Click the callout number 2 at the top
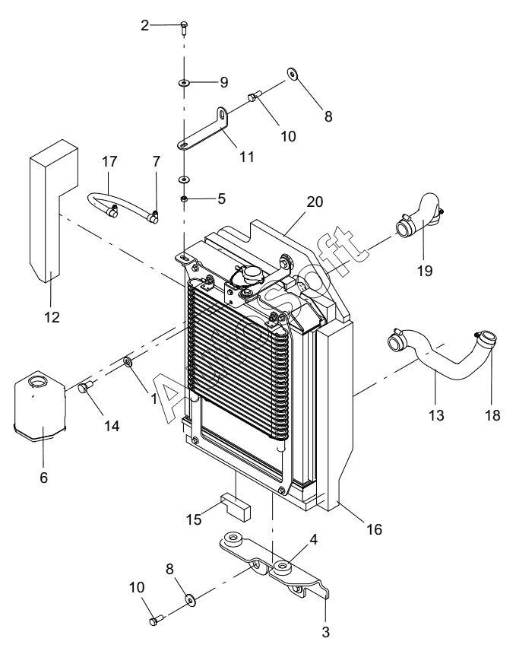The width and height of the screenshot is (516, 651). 144,25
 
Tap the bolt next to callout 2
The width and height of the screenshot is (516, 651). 185,27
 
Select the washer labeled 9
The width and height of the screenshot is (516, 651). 184,83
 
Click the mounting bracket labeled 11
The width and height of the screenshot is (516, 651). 205,129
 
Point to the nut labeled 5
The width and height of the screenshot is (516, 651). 185,199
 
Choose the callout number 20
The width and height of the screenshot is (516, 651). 315,202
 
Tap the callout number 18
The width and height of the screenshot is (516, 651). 492,414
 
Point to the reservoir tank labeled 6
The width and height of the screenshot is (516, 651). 40,406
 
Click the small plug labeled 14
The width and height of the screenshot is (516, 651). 86,388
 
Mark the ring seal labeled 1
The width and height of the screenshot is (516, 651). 128,361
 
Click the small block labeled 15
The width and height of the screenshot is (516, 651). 236,506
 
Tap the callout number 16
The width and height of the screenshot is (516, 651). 374,529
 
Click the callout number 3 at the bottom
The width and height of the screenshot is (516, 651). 325,632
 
